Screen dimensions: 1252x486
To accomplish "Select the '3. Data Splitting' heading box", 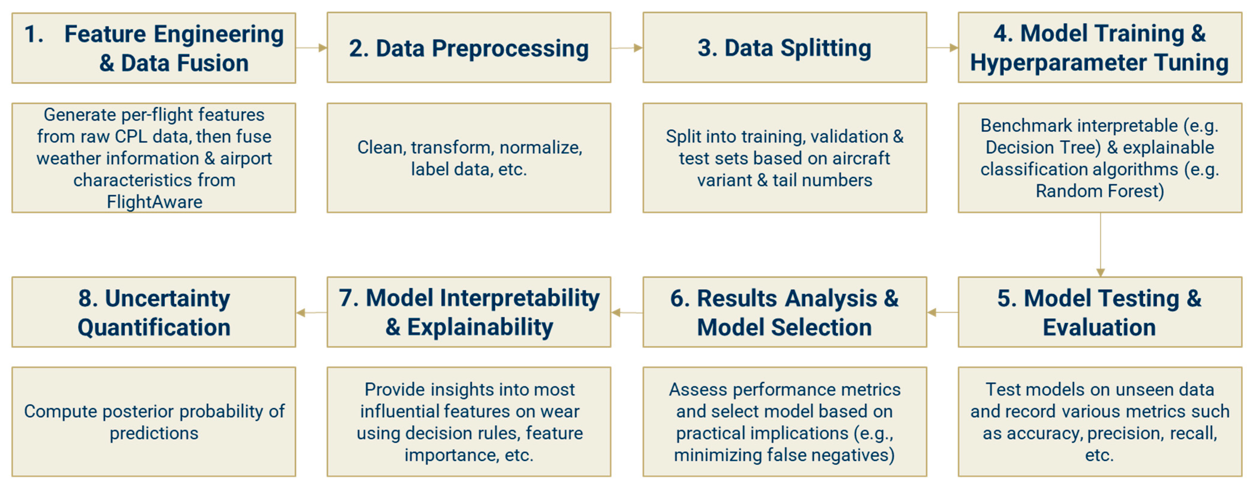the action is [784, 48].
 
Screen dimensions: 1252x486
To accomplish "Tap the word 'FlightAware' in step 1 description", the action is [154, 202].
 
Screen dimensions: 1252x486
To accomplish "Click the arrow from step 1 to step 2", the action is [311, 48].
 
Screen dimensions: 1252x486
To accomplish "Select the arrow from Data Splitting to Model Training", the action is [943, 48].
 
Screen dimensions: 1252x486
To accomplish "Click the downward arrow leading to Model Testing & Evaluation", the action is [1100, 244].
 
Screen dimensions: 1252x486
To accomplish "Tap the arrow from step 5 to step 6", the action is [943, 312].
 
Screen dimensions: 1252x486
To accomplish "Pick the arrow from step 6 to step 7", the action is [627, 312].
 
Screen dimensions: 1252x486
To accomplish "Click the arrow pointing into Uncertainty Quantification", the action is [311, 312].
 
